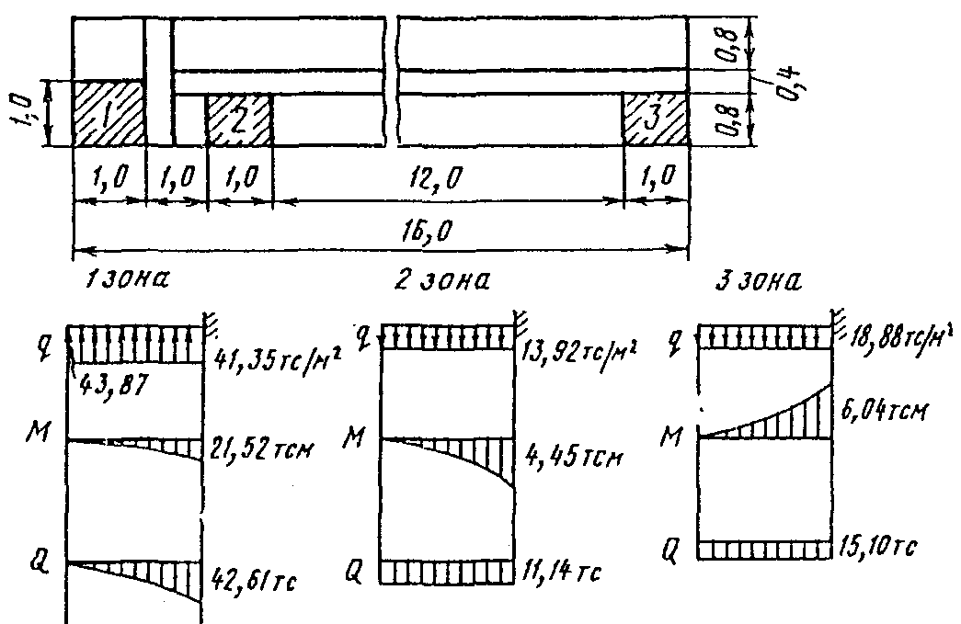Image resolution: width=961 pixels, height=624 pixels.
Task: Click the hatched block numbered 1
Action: [108, 113]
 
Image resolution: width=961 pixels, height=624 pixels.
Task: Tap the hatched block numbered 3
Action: [656, 119]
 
